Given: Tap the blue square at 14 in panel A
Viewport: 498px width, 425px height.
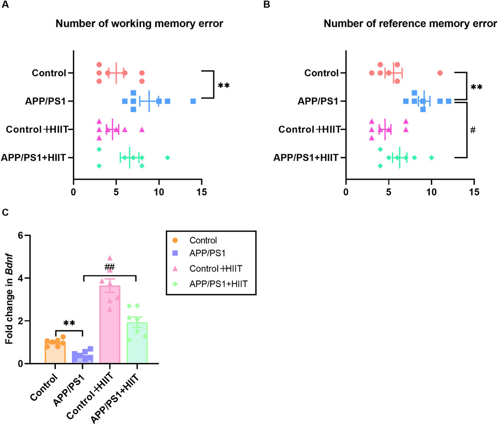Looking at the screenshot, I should click(193, 101).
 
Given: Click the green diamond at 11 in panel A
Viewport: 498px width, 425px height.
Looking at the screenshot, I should click(167, 157).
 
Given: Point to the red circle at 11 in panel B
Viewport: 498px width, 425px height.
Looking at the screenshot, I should click(440, 73).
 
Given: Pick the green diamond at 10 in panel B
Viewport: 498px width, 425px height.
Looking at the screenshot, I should click(431, 157).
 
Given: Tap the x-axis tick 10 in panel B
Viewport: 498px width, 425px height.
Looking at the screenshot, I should click(431, 193).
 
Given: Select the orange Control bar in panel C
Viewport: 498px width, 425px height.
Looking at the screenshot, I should click(55, 352).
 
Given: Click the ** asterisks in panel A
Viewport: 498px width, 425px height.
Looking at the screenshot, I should click(223, 86).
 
